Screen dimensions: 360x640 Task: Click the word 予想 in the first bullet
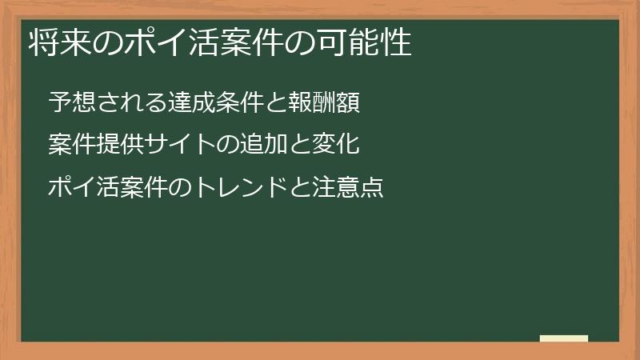coord(72,102)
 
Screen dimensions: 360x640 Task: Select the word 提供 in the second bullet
coord(120,146)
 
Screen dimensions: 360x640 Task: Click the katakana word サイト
coord(181,146)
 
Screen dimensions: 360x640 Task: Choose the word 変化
coord(336,146)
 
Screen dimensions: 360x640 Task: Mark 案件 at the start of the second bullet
coord(72,146)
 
